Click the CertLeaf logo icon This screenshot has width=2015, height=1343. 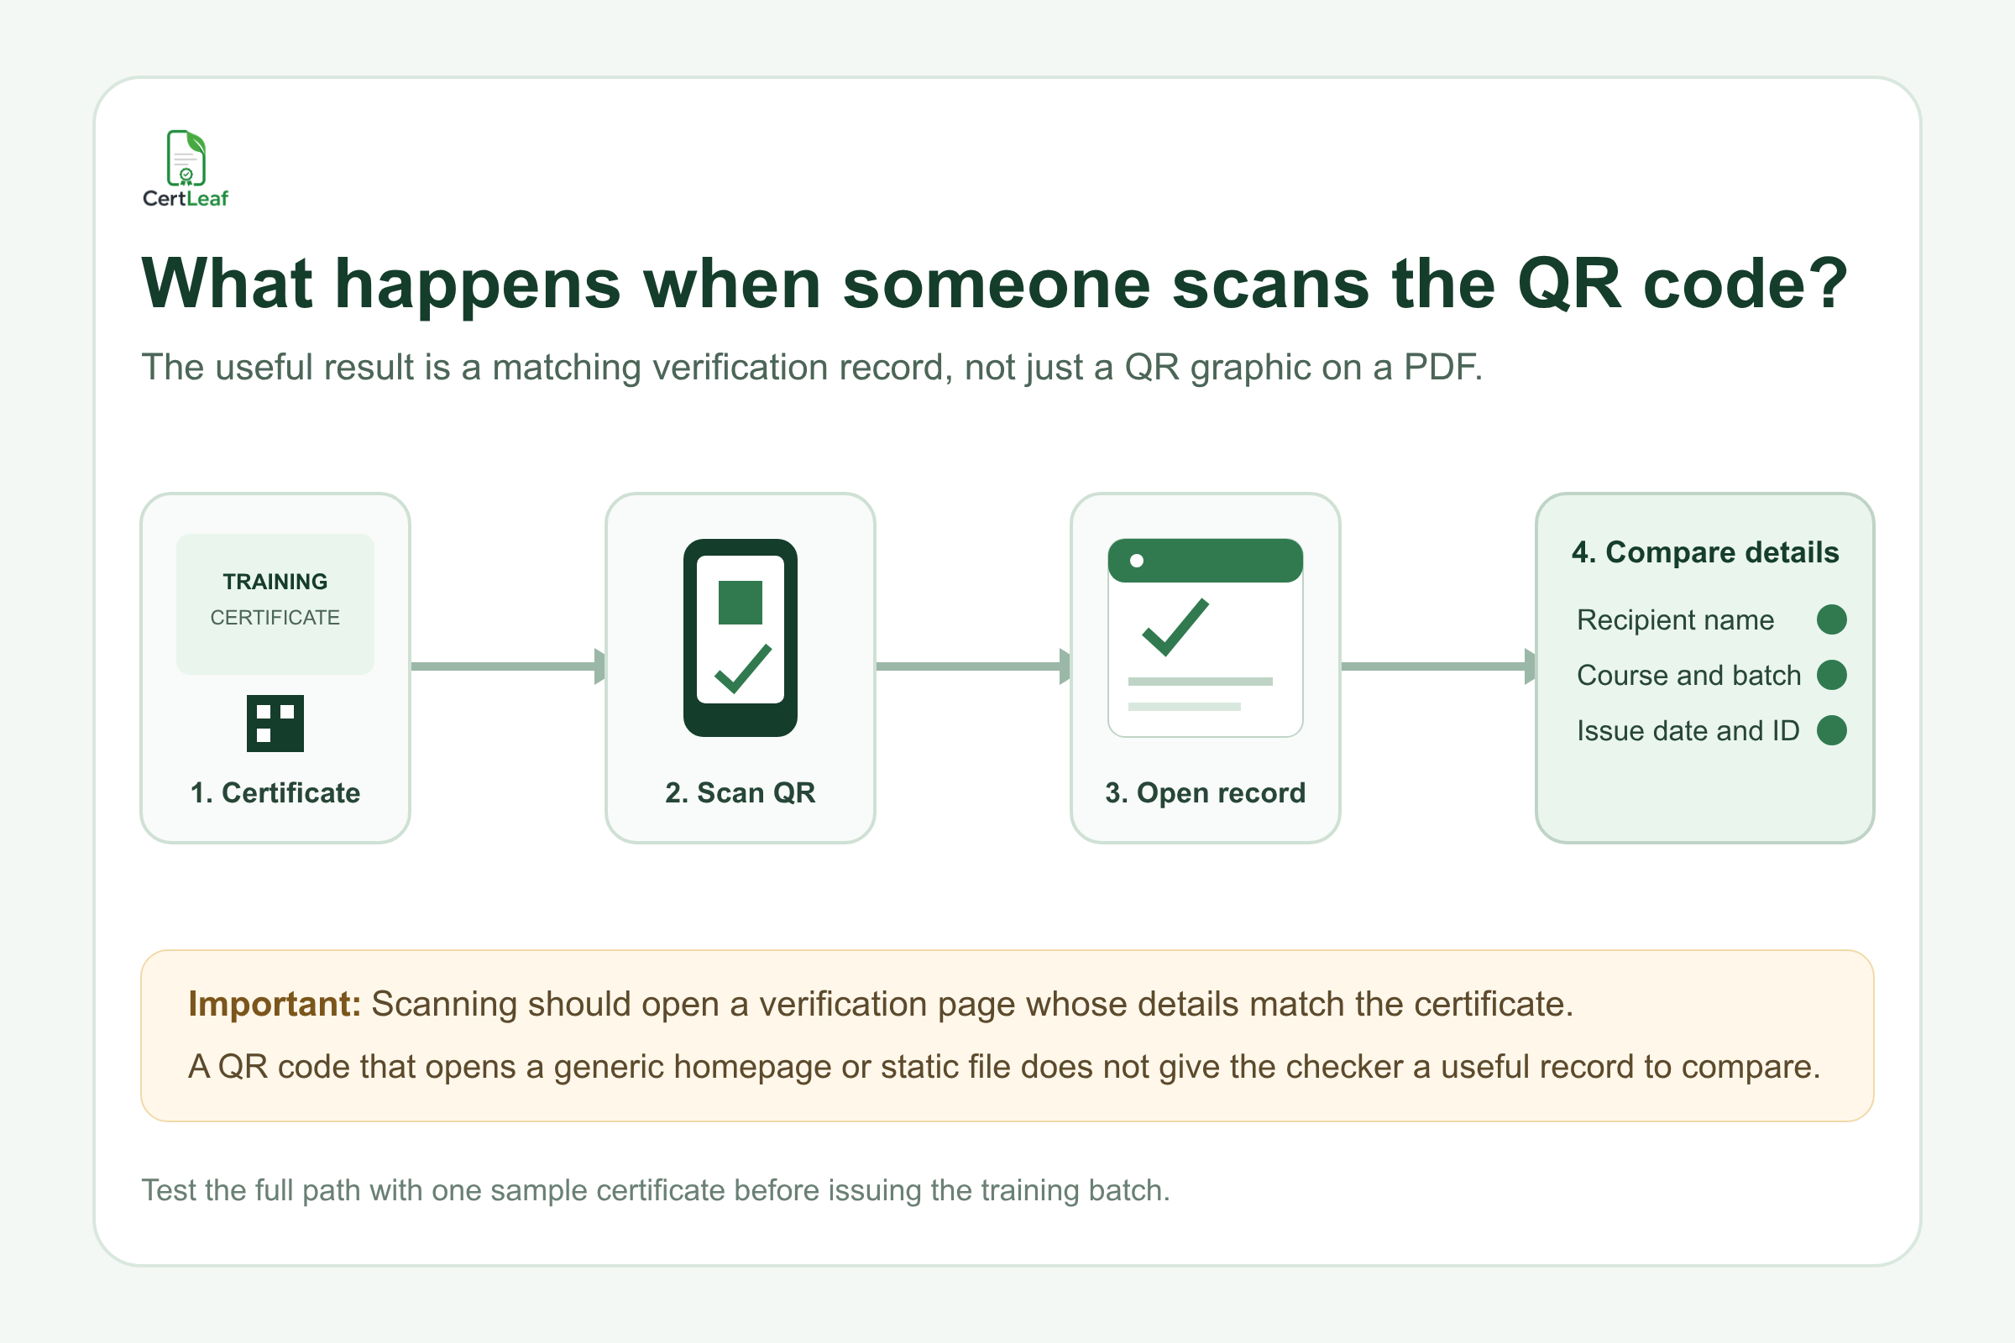pos(186,158)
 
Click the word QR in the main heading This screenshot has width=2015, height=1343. pos(1568,284)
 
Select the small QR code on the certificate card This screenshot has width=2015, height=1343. pos(275,723)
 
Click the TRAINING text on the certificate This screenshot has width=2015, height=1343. pos(275,582)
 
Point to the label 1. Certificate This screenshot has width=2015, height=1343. pos(275,793)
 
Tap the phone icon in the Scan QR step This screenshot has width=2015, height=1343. pos(741,637)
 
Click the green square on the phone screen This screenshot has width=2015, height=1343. pos(741,602)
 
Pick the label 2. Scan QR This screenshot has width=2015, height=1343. pos(741,793)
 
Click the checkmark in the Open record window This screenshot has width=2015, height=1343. pos(1175,627)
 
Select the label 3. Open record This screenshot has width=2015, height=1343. pos(1206,793)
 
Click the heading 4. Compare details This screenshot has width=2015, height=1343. pos(1705,552)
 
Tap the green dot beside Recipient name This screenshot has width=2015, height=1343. pos(1832,619)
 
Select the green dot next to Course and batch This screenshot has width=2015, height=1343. pos(1832,675)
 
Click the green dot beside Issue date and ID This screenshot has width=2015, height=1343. pos(1832,730)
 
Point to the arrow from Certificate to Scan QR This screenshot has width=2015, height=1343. pos(508,666)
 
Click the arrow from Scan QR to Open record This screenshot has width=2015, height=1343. pos(973,666)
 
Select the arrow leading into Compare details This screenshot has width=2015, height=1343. pos(1438,666)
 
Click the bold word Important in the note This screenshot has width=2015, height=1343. pos(275,1004)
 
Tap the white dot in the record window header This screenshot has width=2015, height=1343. pos(1137,561)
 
